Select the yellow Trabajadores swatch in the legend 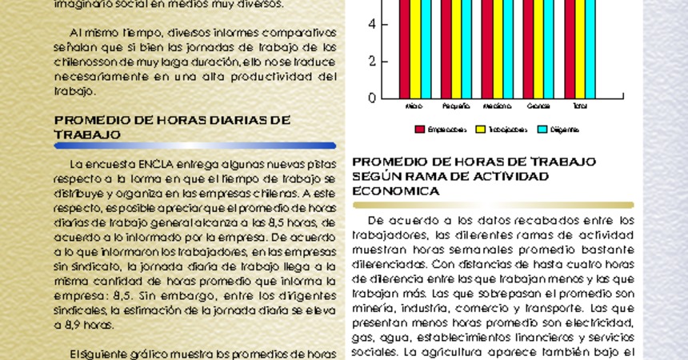(x=481, y=129)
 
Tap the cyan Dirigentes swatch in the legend (x=542, y=129)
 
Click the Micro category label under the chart (x=414, y=106)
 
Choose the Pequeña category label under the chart (x=456, y=106)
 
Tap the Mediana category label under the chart (x=497, y=106)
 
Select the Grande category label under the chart (x=538, y=106)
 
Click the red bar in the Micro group (x=405, y=48)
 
